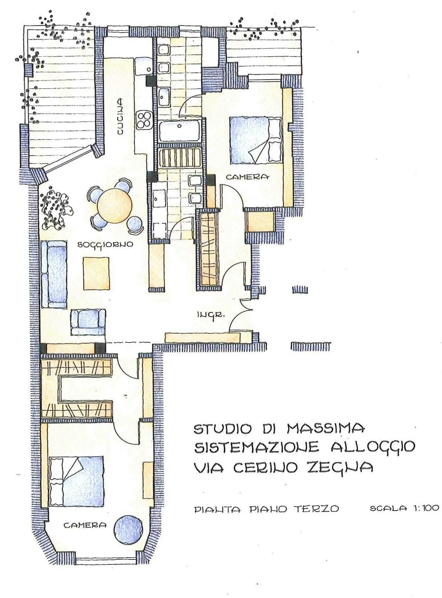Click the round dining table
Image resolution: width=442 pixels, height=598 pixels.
[x=115, y=205]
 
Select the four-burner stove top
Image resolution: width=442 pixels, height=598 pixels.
[x=145, y=120]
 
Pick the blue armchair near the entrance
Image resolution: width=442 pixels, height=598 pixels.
[x=88, y=322]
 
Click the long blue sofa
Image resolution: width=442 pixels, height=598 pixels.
[x=54, y=275]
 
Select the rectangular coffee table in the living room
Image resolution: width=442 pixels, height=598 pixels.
[x=97, y=274]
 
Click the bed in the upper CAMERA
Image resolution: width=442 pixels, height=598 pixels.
[x=255, y=140]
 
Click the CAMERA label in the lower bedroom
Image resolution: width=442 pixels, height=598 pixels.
[x=85, y=525]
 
